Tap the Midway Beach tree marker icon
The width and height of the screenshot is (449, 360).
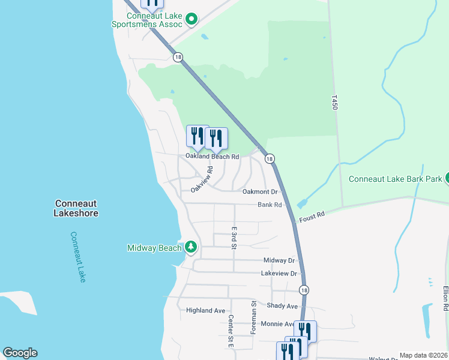pos(191,247)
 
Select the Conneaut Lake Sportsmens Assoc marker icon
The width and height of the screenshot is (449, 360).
pos(191,19)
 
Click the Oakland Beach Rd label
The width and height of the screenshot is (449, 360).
pos(212,157)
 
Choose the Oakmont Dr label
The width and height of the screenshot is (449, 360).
pos(260,192)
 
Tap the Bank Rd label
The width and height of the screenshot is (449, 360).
pos(270,205)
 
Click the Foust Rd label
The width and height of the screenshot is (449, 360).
pos(312,214)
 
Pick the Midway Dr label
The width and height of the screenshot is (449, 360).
pos(279,260)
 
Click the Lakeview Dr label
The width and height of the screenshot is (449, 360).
pos(279,274)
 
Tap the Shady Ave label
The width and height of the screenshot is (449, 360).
pos(282,306)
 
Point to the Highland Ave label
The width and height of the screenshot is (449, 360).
pos(205,310)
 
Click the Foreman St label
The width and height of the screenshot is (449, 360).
pos(253,317)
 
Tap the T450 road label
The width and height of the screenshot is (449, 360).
pos(335,101)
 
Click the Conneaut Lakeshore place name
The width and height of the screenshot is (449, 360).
pos(76,208)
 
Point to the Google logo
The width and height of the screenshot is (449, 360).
pos(20,353)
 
